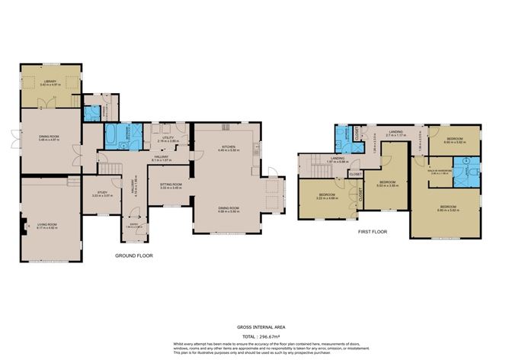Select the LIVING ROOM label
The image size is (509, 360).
click(x=48, y=224)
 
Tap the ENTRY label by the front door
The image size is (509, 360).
click(x=134, y=223)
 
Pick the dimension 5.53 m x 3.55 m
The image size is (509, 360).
click(x=389, y=187)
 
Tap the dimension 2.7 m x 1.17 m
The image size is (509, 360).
click(x=395, y=136)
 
